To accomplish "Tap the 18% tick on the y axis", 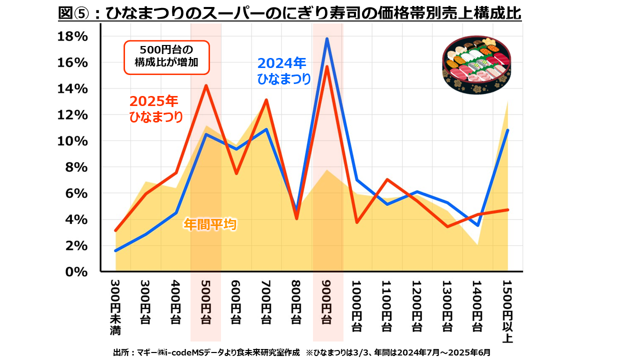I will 73,36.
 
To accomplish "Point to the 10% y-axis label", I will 73,141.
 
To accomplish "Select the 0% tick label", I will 77,272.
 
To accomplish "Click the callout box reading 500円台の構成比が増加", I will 165,57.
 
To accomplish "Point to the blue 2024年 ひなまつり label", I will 283,71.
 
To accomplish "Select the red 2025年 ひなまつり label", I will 155,109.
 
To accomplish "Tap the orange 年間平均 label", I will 209,224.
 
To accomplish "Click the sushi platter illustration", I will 477,65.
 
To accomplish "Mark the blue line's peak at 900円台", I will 326,39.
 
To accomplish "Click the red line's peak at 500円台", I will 205,85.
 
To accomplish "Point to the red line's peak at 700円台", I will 266,100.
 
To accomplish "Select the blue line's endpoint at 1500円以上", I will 508,130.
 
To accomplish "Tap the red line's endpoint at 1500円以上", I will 508,209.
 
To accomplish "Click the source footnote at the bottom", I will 302,352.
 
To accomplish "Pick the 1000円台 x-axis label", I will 356,306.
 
